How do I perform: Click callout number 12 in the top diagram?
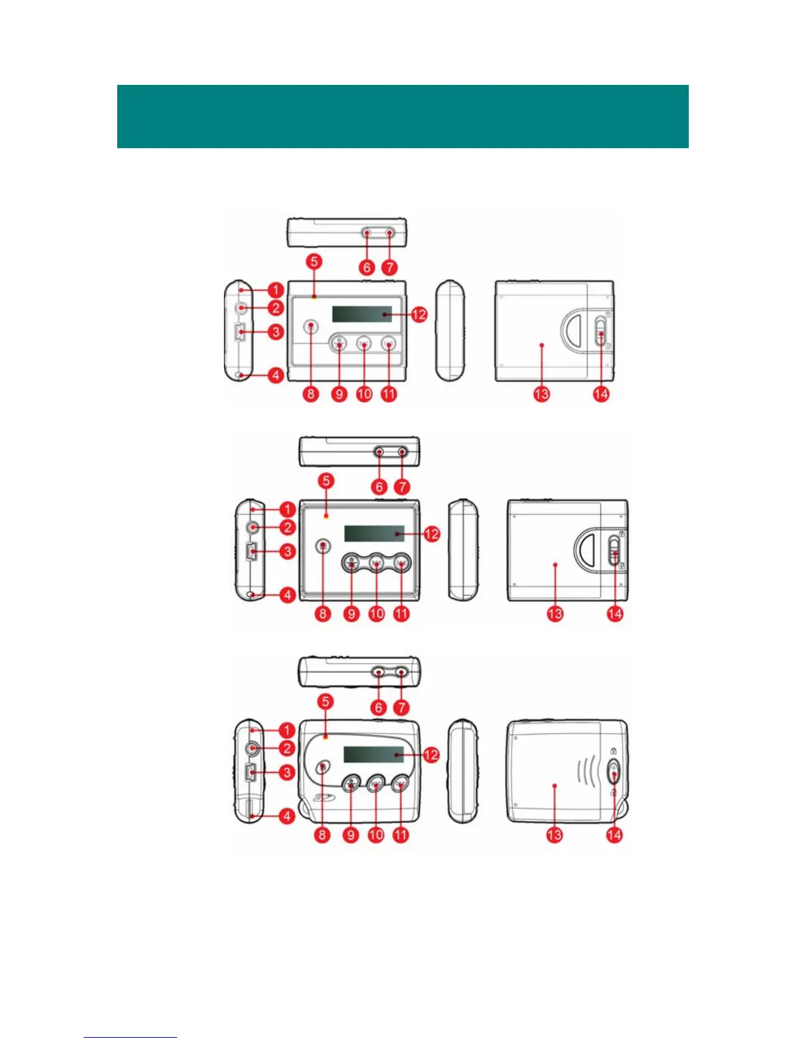point(419,314)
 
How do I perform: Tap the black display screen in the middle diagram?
point(374,533)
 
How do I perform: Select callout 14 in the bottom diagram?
point(614,835)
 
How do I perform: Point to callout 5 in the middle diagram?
point(326,481)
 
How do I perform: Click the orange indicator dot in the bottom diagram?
point(326,737)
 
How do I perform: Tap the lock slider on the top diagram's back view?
point(600,331)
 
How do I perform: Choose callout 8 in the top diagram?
point(311,394)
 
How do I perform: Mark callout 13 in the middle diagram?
point(555,614)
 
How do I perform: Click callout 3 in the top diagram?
point(276,331)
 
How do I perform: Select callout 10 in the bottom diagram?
point(375,835)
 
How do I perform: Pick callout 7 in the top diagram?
point(390,267)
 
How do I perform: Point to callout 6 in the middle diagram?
point(379,487)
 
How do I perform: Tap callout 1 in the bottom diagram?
point(286,730)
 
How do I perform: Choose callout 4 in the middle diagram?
point(287,595)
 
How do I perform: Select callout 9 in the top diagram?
point(338,394)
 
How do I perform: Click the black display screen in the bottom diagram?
point(373,755)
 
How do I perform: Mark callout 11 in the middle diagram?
point(401,614)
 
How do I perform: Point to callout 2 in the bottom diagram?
point(286,748)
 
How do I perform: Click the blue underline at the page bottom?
point(130,1037)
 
